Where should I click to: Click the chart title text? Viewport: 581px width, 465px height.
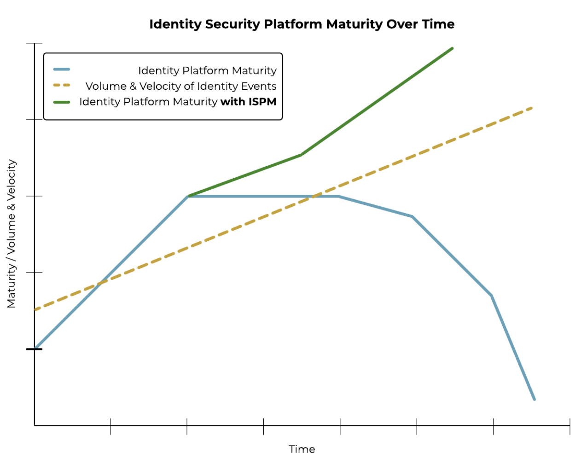pyautogui.click(x=302, y=24)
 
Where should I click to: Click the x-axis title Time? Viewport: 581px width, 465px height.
pyautogui.click(x=302, y=449)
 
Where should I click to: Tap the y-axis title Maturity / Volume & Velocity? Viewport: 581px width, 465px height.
pyautogui.click(x=12, y=234)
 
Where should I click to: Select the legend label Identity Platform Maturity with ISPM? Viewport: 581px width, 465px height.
pyautogui.click(x=177, y=102)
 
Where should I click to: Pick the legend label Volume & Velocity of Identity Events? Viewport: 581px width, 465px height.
pyautogui.click(x=180, y=86)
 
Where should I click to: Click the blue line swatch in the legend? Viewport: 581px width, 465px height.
pyautogui.click(x=62, y=70)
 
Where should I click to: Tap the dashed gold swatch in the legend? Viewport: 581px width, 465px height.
pyautogui.click(x=62, y=86)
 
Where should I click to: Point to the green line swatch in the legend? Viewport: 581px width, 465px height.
pyautogui.click(x=62, y=102)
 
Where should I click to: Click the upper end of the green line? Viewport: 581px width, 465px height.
pyautogui.click(x=452, y=48)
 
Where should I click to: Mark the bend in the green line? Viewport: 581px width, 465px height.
pyautogui.click(x=301, y=155)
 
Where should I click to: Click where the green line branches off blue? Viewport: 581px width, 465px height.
pyautogui.click(x=188, y=196)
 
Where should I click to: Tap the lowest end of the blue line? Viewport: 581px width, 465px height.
pyautogui.click(x=534, y=399)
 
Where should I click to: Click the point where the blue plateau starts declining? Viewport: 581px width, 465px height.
pyautogui.click(x=339, y=196)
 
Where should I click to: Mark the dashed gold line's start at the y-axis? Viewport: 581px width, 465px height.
pyautogui.click(x=35, y=309)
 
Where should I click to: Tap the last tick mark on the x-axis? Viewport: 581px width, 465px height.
pyautogui.click(x=569, y=426)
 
